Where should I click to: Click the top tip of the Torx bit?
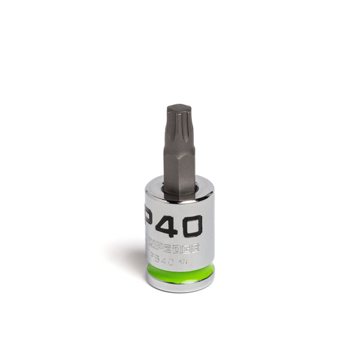179,106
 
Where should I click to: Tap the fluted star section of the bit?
179,123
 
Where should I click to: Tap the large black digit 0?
190,226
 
